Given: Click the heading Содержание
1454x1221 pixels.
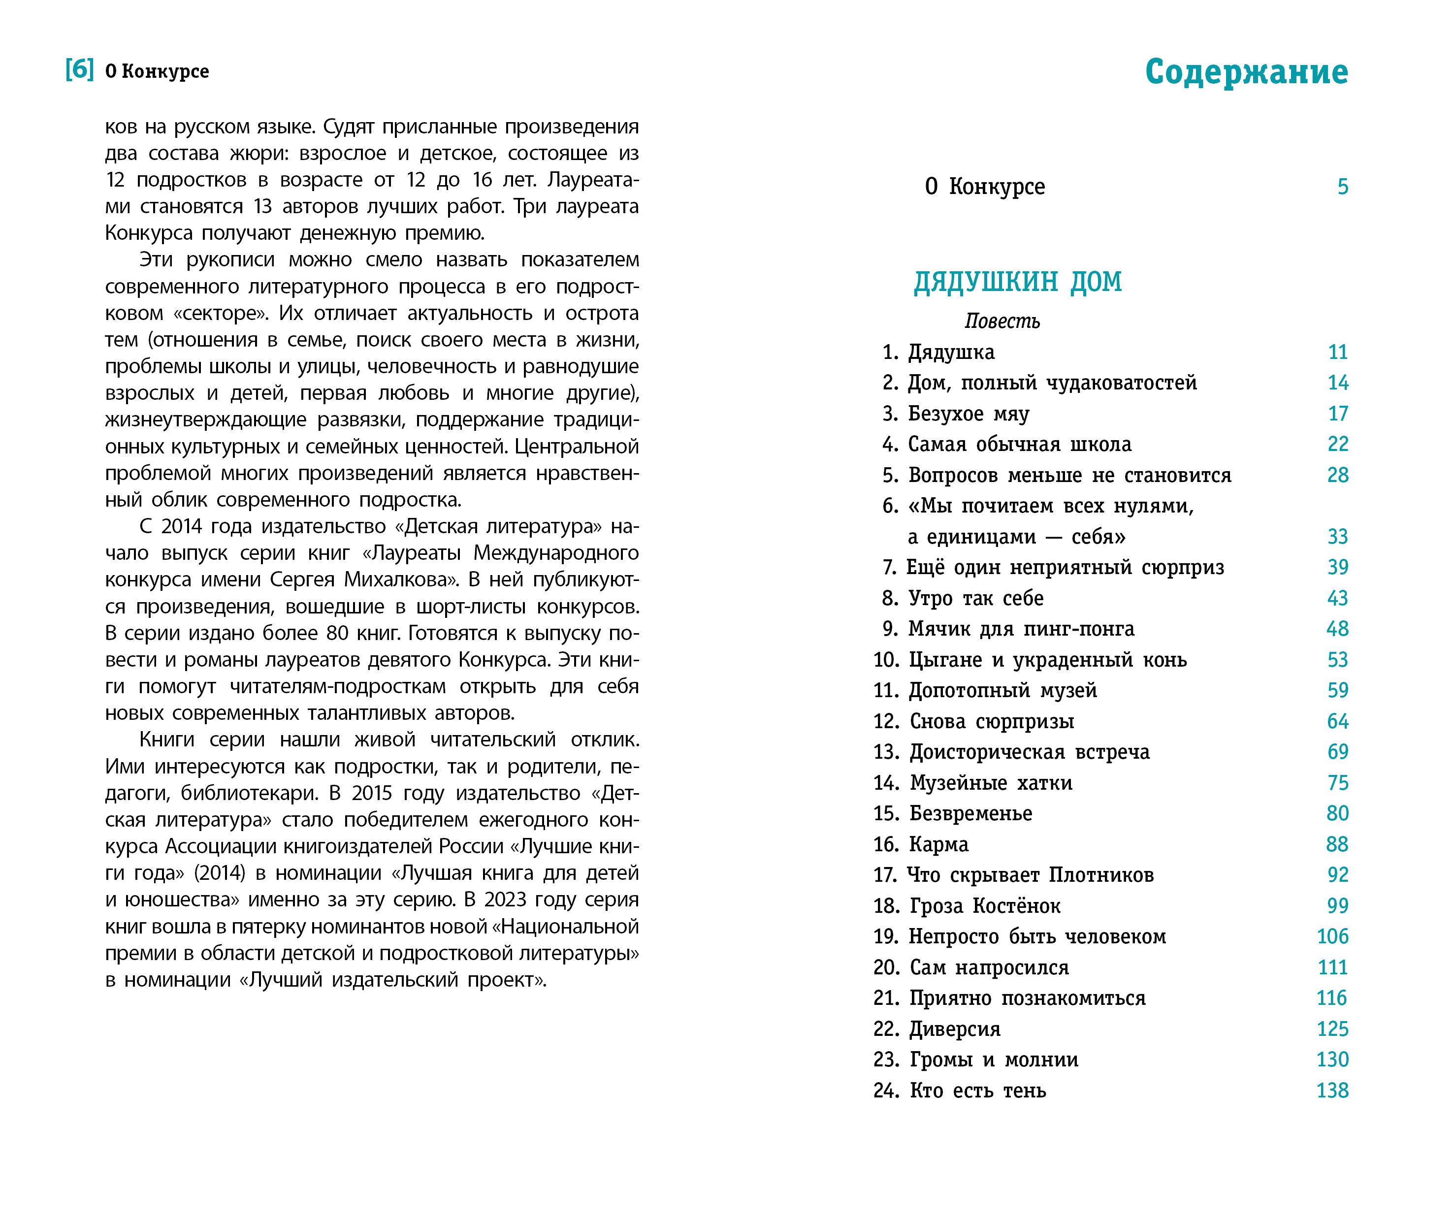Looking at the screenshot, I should point(1246,72).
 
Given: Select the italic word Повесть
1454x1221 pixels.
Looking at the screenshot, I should point(1002,321).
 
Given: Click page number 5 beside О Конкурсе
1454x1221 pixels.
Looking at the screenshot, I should point(1342,187).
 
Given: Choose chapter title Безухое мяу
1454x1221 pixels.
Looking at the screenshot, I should point(968,414).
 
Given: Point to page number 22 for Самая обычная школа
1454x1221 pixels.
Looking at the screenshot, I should point(1337,445).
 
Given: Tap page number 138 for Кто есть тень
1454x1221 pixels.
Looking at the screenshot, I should point(1331,1091).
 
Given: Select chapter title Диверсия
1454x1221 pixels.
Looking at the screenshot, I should point(955,1029).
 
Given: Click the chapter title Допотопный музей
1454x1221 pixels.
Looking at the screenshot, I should point(1002,691).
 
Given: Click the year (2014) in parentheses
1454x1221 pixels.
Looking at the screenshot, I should point(220,873).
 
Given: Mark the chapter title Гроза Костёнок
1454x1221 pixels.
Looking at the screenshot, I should point(985,906).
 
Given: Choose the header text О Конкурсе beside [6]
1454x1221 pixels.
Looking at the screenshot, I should point(157,71).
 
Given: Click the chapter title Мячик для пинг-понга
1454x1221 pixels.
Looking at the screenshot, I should point(1021,629).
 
